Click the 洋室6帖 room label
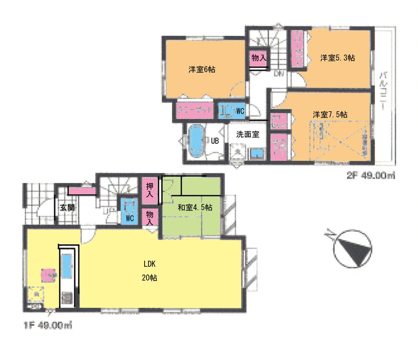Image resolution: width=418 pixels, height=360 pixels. [202, 70]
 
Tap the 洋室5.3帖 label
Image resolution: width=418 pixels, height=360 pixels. [338, 58]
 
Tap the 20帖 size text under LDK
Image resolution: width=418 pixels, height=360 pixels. [150, 277]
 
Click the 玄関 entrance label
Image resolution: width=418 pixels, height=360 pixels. [66, 207]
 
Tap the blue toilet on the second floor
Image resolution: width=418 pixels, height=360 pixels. [226, 111]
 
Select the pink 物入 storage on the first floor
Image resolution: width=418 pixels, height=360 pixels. [150, 217]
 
